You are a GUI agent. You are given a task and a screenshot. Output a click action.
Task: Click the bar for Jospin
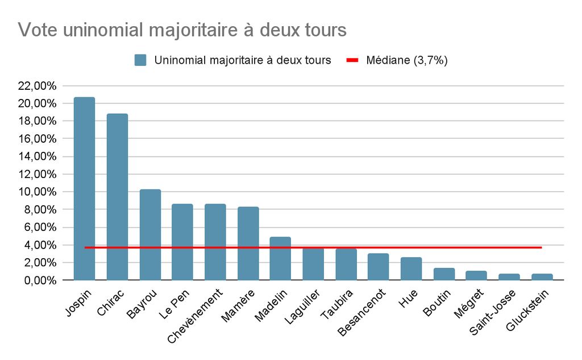click(84, 188)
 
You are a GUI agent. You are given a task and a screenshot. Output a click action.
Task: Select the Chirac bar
click(117, 197)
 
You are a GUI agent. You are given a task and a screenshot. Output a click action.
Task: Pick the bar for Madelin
click(280, 258)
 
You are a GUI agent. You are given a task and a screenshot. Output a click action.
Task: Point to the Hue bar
click(411, 268)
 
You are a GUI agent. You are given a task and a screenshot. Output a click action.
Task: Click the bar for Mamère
click(248, 243)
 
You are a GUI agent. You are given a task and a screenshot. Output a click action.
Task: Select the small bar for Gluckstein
click(542, 277)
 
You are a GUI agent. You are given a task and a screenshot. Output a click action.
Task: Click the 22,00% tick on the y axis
click(38, 86)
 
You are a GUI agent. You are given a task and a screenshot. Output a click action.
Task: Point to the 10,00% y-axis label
click(38, 192)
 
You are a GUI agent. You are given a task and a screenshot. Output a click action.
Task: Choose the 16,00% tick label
click(38, 139)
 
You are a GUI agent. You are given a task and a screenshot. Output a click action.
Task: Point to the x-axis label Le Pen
click(174, 305)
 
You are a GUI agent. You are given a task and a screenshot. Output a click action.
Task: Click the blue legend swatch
click(140, 60)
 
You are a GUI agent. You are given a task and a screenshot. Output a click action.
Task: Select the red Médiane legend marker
click(352, 60)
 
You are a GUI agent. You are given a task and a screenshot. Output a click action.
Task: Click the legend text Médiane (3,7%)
click(407, 60)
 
